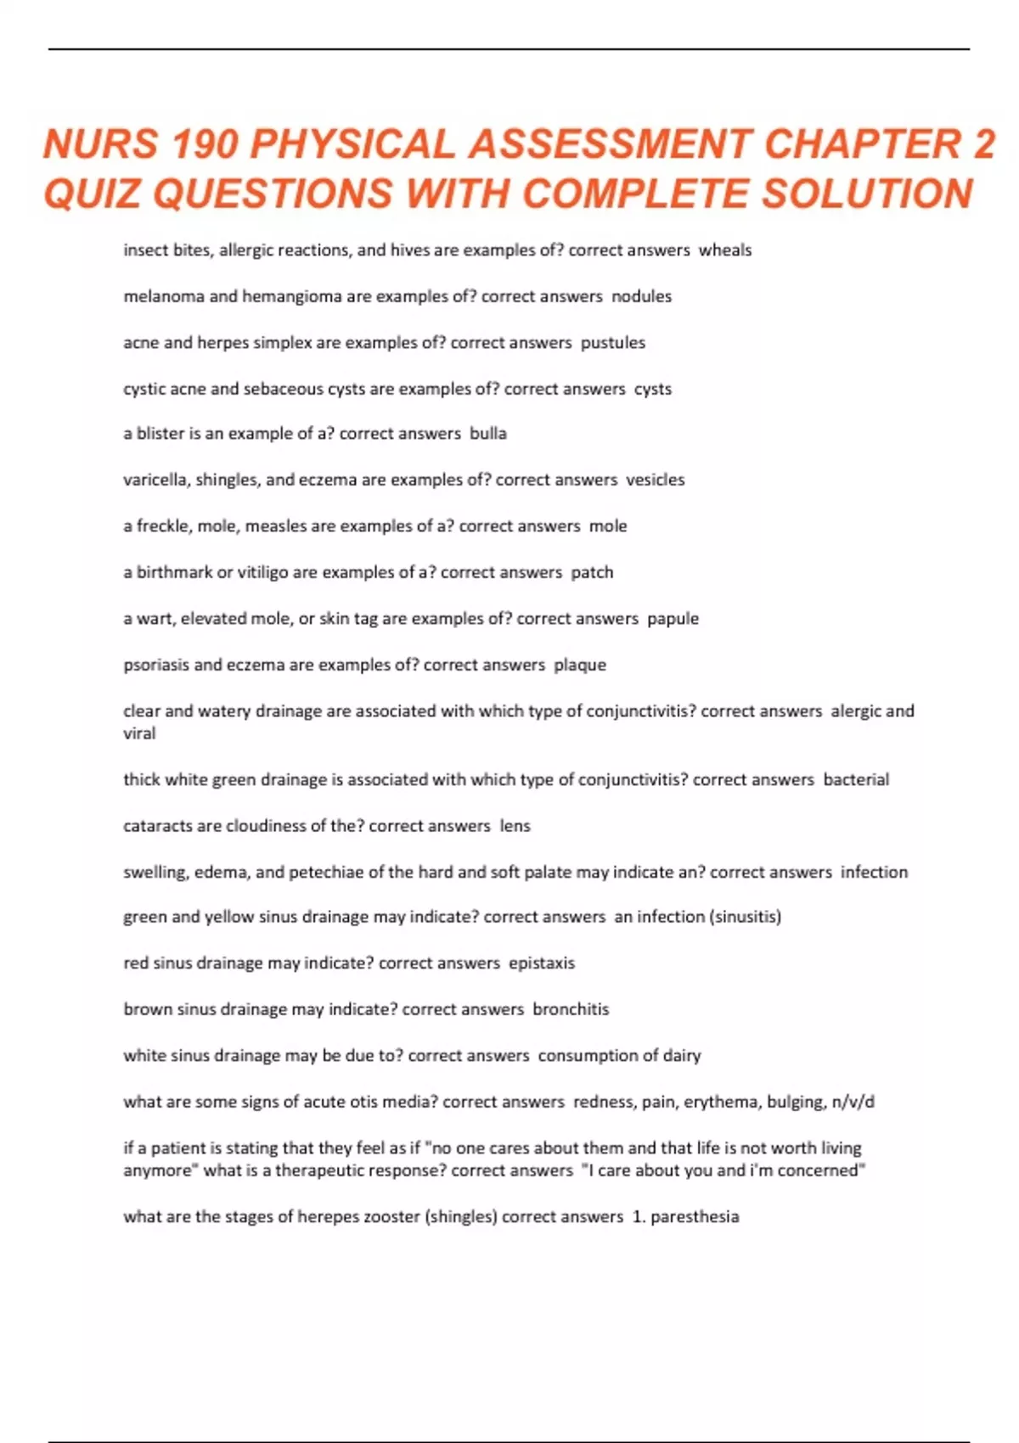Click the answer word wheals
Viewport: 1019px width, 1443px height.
tap(725, 250)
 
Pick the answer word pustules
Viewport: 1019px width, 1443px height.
tap(612, 343)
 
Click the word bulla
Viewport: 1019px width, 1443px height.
tap(488, 434)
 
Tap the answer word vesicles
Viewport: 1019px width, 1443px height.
tap(656, 480)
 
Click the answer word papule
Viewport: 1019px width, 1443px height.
tap(673, 619)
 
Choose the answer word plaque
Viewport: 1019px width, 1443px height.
tap(580, 665)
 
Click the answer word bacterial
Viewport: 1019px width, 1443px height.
tap(856, 779)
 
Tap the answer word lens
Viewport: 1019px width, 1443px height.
tap(515, 826)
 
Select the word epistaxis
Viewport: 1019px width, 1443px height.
tap(542, 963)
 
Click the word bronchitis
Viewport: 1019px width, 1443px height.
tap(571, 1009)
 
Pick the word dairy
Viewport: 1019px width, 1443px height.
tap(682, 1056)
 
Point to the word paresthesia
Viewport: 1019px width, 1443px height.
tap(695, 1216)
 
